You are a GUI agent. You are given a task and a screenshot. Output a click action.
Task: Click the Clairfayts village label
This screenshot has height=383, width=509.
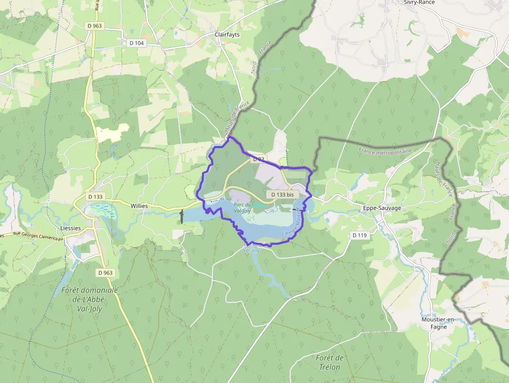(x=230, y=35)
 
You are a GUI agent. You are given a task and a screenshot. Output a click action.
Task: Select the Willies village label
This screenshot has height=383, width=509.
(x=139, y=206)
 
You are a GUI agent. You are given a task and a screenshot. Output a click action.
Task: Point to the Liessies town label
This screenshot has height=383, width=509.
(x=71, y=228)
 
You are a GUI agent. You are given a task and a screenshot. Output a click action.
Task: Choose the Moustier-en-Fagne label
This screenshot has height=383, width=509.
(x=438, y=323)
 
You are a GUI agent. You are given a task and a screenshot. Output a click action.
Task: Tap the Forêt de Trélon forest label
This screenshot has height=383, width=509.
(x=329, y=362)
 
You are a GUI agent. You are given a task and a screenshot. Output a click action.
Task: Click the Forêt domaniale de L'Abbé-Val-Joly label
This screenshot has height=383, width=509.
(x=89, y=298)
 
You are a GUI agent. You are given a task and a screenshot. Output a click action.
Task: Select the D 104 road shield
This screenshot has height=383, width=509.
(x=136, y=43)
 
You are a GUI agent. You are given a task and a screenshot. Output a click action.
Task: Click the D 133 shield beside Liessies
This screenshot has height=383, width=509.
(x=96, y=196)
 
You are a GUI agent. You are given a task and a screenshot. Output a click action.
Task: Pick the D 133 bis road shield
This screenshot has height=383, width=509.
(x=283, y=194)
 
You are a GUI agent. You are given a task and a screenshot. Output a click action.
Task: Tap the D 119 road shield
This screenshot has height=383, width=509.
(x=359, y=235)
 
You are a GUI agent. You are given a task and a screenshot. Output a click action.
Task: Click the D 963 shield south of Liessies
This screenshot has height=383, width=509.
(x=105, y=272)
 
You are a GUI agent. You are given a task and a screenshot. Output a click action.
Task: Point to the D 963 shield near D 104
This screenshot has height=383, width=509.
(x=95, y=25)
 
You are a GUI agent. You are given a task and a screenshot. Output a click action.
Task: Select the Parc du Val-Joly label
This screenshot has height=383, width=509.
(x=243, y=207)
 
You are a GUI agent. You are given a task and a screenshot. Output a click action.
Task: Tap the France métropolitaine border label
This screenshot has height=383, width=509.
(x=385, y=151)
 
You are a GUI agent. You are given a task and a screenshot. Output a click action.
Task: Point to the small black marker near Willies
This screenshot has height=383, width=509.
(x=181, y=217)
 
